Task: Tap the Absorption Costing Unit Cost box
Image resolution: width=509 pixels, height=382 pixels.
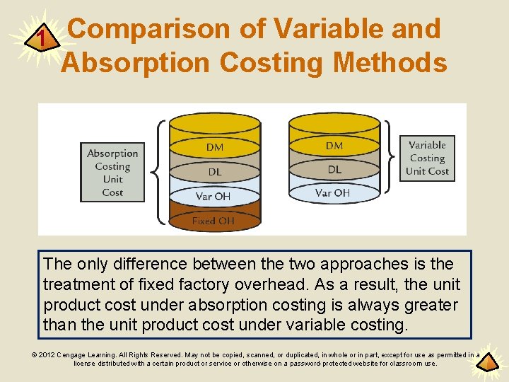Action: coord(112,173)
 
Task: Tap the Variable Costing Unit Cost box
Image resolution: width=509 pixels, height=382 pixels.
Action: coord(427,158)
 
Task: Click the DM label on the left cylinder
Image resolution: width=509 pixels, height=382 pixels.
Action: coord(215,147)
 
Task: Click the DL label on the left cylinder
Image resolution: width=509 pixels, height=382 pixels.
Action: coord(214,172)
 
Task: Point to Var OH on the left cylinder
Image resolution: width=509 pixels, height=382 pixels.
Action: coord(213,196)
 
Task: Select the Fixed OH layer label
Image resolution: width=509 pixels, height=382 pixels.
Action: coord(213,221)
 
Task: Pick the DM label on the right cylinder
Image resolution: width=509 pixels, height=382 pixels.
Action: coord(334,146)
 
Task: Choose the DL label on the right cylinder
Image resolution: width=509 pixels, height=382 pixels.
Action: coord(334,169)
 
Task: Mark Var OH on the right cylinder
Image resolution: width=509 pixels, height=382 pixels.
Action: coord(332,192)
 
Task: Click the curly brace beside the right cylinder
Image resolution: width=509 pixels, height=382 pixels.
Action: coord(391,158)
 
